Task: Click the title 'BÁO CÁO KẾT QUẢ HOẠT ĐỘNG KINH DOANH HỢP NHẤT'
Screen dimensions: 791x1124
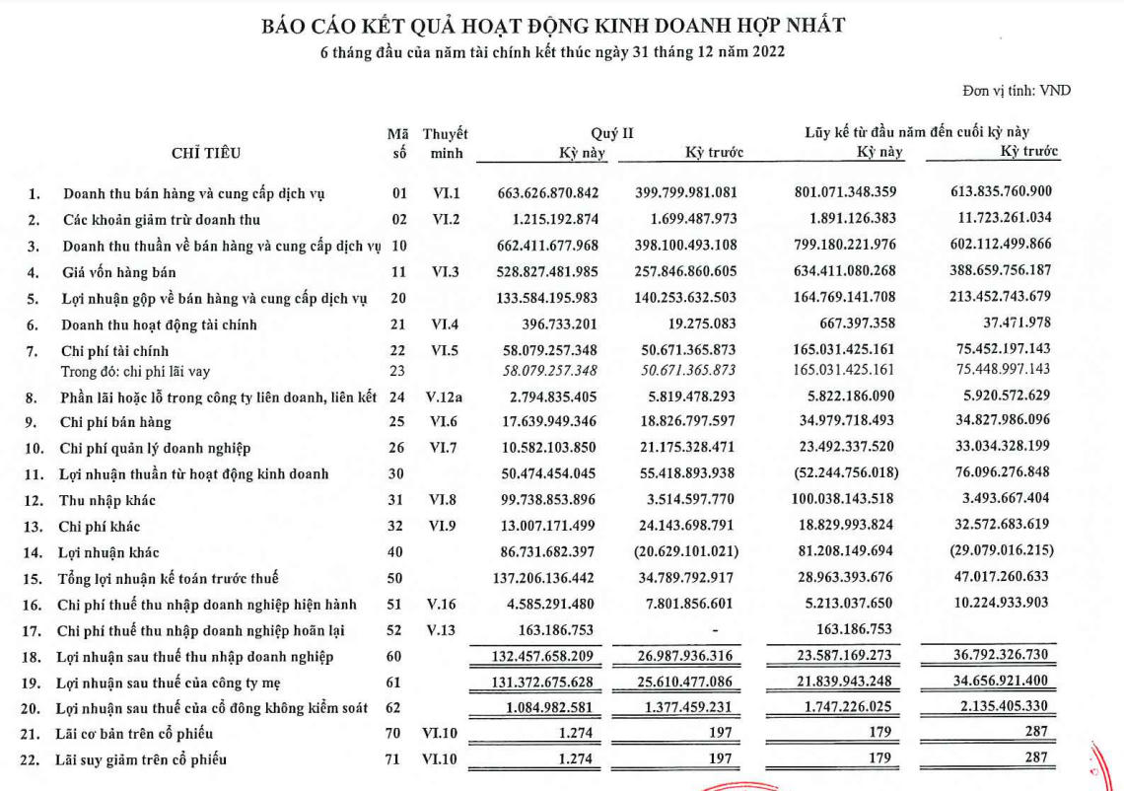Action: (552, 27)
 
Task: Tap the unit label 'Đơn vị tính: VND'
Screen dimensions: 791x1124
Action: (1017, 91)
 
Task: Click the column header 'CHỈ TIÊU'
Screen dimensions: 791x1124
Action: (208, 153)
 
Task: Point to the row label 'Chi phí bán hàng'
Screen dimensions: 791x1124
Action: (116, 422)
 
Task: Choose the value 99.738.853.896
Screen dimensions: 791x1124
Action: (557, 500)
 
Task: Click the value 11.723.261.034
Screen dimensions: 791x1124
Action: (999, 219)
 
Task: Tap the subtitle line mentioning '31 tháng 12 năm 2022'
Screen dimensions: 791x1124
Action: (552, 52)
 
